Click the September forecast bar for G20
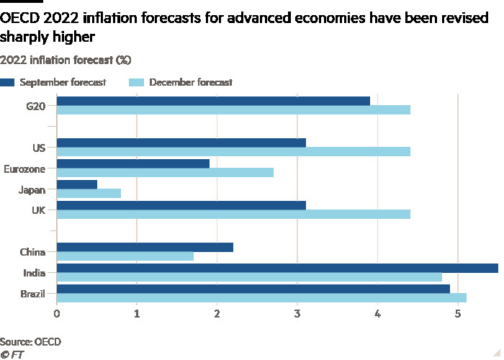(x=213, y=101)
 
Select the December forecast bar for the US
(x=233, y=152)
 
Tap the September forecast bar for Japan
(x=76, y=184)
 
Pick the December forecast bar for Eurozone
(x=165, y=173)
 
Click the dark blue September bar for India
(x=277, y=268)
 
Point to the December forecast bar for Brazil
(x=261, y=297)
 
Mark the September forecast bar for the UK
(x=181, y=205)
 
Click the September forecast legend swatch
(x=7, y=82)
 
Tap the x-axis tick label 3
(x=297, y=313)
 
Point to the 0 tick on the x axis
(x=57, y=313)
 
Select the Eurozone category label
(x=26, y=168)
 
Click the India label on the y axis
(x=35, y=273)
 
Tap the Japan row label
(x=33, y=190)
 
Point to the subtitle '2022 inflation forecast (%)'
(x=66, y=58)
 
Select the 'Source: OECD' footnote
(x=30, y=341)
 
